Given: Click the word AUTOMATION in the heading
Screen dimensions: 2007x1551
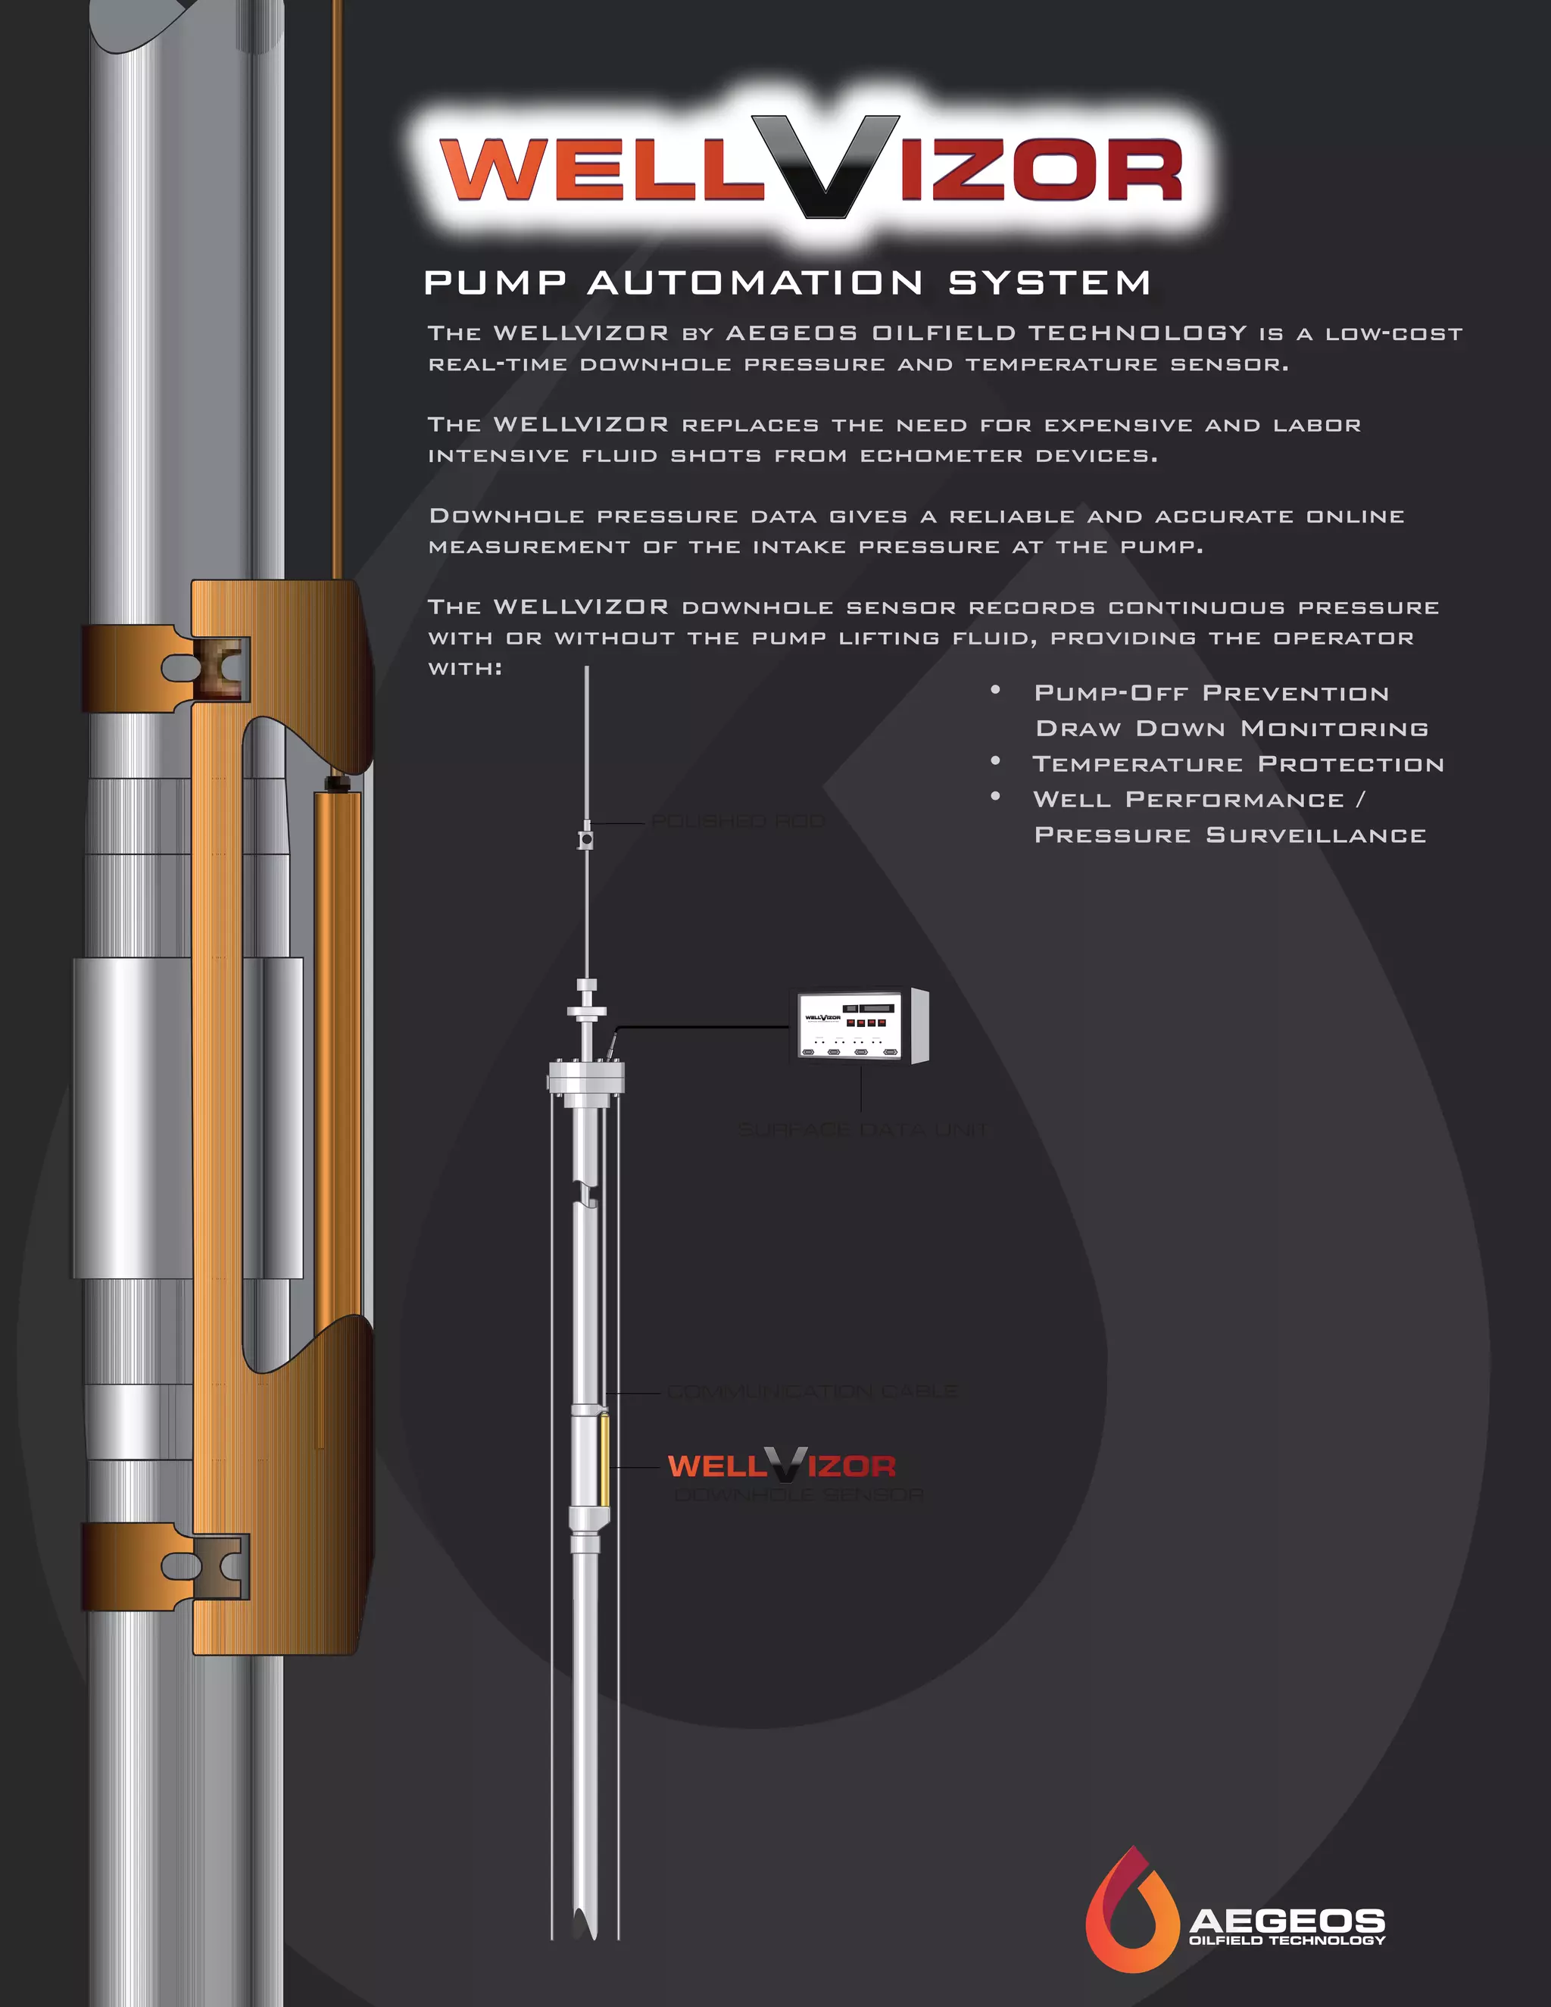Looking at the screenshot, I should tap(755, 282).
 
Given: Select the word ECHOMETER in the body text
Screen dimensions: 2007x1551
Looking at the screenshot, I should tap(941, 456).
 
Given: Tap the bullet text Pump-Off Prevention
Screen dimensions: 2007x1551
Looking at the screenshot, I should tap(1211, 693).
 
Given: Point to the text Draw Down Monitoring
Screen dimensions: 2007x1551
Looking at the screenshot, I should tap(1231, 729).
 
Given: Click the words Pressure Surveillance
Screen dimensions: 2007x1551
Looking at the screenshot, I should tap(1229, 835).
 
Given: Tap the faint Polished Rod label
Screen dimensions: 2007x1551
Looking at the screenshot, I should tap(737, 821).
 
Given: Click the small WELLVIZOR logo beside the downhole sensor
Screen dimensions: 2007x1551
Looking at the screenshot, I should tap(781, 1465).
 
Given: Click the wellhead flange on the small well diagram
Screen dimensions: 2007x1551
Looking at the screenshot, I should tap(586, 1075).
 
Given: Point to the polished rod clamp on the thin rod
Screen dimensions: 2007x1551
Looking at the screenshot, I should tap(585, 839).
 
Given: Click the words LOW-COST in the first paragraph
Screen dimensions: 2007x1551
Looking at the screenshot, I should tap(1393, 333).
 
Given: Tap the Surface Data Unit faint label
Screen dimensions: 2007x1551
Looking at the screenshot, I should tap(861, 1129).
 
